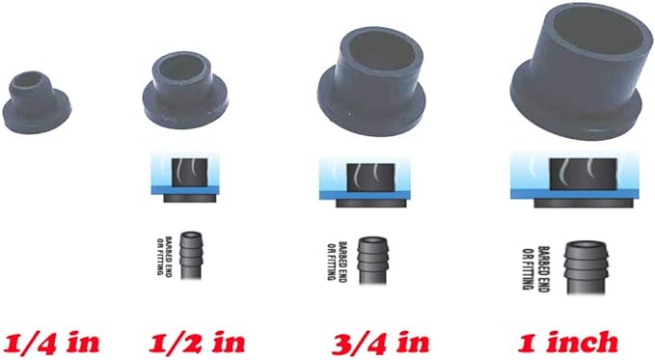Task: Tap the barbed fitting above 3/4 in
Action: [371, 258]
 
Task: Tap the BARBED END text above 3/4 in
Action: [338, 259]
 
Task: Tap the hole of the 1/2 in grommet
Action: [183, 72]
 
